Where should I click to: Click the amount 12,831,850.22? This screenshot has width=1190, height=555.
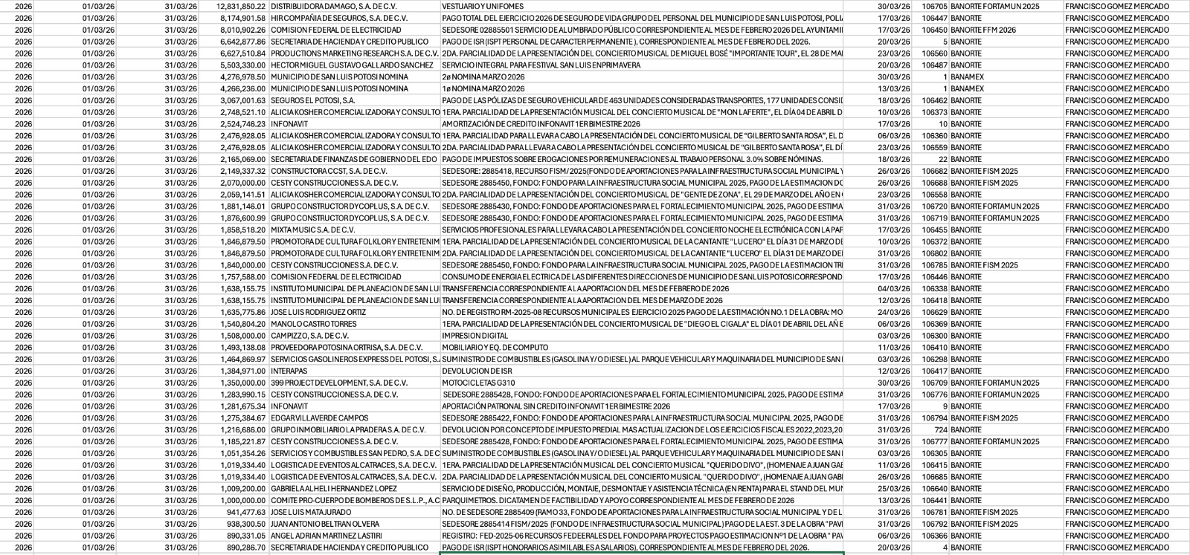pos(240,6)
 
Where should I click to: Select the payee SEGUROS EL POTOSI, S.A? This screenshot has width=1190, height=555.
pos(312,100)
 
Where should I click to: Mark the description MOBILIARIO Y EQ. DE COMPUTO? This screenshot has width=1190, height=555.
pos(495,348)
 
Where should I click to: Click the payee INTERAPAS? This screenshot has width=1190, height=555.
pos(289,371)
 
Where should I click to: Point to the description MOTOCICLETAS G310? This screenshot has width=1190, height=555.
pos(478,383)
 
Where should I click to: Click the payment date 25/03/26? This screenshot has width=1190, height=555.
pos(893,489)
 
